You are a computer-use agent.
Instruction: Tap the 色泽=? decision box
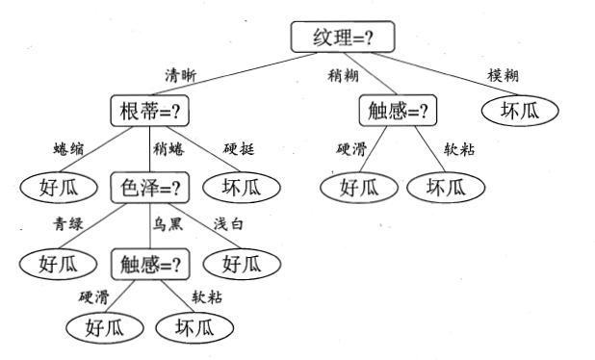click(x=149, y=186)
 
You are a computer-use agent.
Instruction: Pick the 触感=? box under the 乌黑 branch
click(x=149, y=263)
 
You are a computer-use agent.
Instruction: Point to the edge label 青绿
click(x=68, y=224)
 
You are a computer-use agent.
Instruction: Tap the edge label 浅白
click(x=229, y=224)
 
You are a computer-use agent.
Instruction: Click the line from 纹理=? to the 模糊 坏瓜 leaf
click(x=453, y=73)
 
